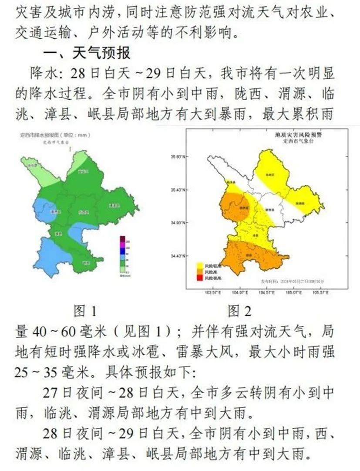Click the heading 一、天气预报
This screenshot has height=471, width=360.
[x=86, y=53]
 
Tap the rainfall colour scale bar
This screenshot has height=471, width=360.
[x=123, y=256]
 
